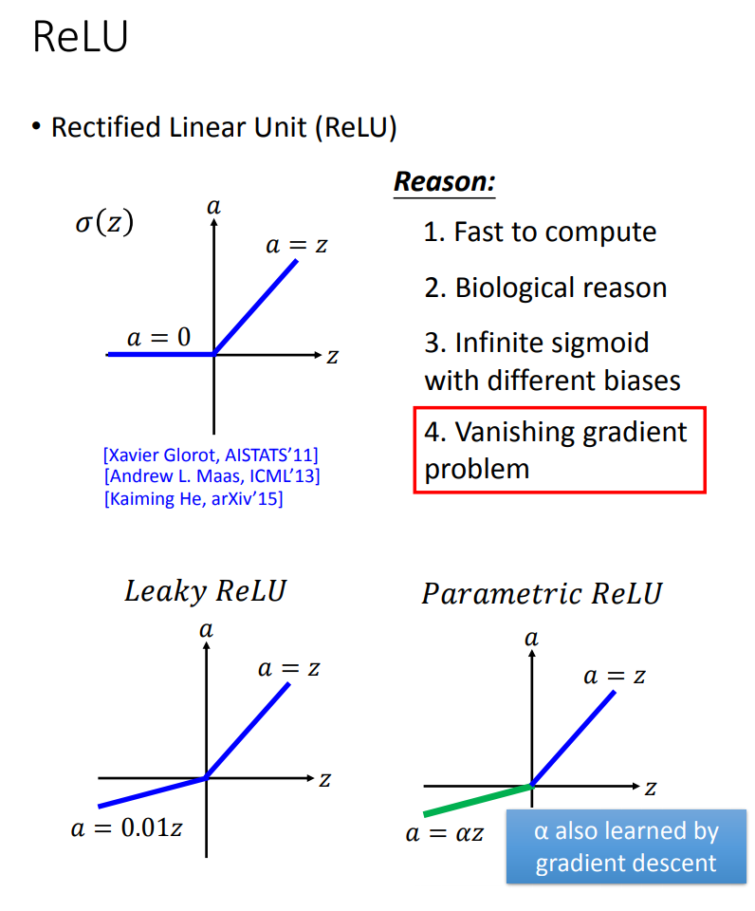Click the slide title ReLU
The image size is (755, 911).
pyautogui.click(x=80, y=38)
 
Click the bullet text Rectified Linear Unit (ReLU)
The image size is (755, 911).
pyautogui.click(x=224, y=127)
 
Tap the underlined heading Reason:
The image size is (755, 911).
pyautogui.click(x=444, y=181)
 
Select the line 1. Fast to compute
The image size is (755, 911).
pyautogui.click(x=540, y=232)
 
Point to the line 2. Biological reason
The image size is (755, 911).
pyautogui.click(x=545, y=288)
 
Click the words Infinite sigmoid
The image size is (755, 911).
pyautogui.click(x=552, y=342)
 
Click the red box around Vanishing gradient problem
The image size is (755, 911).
pyautogui.click(x=560, y=450)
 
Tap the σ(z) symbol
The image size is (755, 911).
pyautogui.click(x=104, y=223)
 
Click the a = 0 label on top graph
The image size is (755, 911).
pyautogui.click(x=158, y=336)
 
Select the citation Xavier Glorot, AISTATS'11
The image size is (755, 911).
pyautogui.click(x=211, y=454)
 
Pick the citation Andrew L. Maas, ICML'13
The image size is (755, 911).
pyautogui.click(x=212, y=475)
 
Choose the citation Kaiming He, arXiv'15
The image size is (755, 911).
pyautogui.click(x=193, y=497)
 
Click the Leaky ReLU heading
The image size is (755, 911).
pyautogui.click(x=205, y=591)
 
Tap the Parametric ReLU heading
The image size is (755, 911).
pyautogui.click(x=542, y=594)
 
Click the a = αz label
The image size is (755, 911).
pyautogui.click(x=445, y=833)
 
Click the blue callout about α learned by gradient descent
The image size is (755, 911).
pyautogui.click(x=626, y=846)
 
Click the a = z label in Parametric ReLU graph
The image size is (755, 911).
pyautogui.click(x=615, y=676)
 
